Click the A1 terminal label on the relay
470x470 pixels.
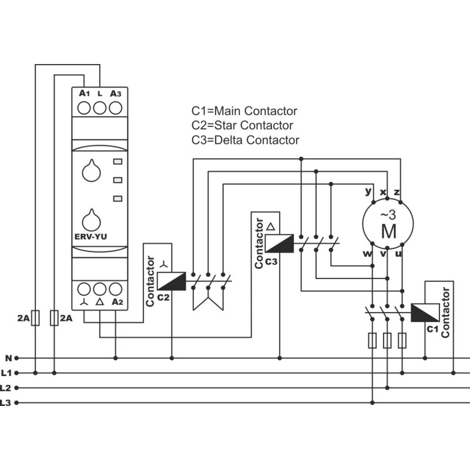point(84,93)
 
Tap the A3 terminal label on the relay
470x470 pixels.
point(115,93)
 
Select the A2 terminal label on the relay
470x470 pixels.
point(117,302)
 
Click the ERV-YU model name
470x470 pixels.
point(90,237)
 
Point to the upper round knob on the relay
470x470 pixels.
point(92,171)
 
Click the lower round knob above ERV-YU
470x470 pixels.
point(92,220)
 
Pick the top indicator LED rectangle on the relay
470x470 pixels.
point(118,162)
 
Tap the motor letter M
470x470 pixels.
point(389,231)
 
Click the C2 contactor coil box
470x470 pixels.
point(172,281)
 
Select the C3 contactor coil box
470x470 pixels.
point(280,243)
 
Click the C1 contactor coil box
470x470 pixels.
point(425,313)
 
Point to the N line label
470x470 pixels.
point(8,358)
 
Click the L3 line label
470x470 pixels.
point(5,402)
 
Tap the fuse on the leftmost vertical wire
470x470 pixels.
point(35,318)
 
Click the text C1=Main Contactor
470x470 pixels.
point(244,111)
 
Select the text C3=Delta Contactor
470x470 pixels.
point(245,140)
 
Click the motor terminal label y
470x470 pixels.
point(368,192)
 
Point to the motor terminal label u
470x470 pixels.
point(398,254)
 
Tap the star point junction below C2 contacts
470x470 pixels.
point(208,298)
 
